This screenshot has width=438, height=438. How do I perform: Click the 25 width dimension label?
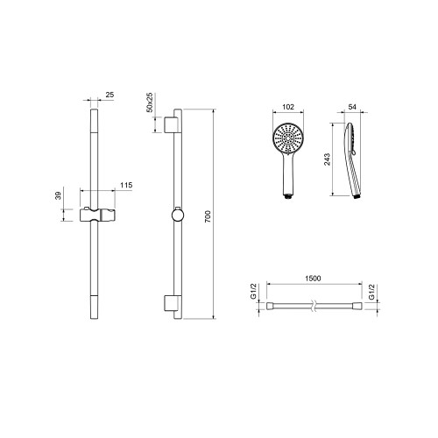109,95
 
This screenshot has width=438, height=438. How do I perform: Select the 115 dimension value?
126,185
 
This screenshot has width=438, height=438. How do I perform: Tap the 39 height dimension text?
59,195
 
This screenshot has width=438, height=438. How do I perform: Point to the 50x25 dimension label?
149,102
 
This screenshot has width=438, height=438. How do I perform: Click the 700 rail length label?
208,216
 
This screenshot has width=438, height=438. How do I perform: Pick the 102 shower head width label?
288,107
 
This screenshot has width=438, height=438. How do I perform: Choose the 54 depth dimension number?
352,107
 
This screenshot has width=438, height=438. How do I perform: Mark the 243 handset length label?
327,159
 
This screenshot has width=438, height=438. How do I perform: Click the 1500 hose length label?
313,279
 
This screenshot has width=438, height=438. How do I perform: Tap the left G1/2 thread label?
253,291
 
